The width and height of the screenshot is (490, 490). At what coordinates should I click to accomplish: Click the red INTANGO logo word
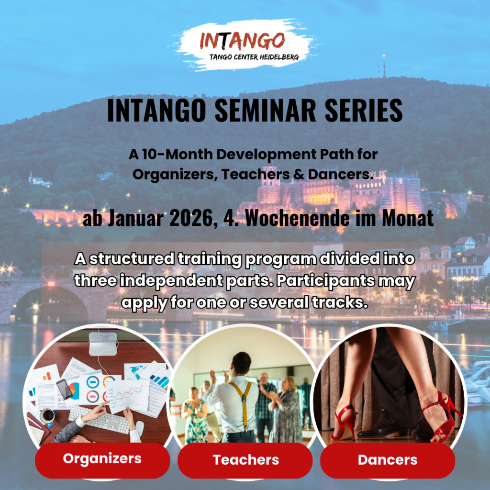click(242, 41)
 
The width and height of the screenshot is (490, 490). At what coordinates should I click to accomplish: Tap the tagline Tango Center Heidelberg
click(254, 57)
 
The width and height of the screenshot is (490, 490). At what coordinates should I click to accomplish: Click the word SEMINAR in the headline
click(266, 111)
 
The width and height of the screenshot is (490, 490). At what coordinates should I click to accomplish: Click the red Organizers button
click(102, 460)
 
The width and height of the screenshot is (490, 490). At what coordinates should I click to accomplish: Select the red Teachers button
click(245, 460)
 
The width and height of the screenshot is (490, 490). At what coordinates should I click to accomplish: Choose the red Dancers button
click(388, 460)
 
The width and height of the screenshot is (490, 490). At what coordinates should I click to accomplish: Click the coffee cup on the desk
click(48, 416)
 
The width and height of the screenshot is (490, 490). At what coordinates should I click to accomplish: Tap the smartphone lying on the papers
click(64, 389)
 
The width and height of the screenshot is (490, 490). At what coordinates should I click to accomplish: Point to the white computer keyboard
click(99, 420)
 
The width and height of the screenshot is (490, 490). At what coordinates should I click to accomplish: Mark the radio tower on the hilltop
click(384, 66)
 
